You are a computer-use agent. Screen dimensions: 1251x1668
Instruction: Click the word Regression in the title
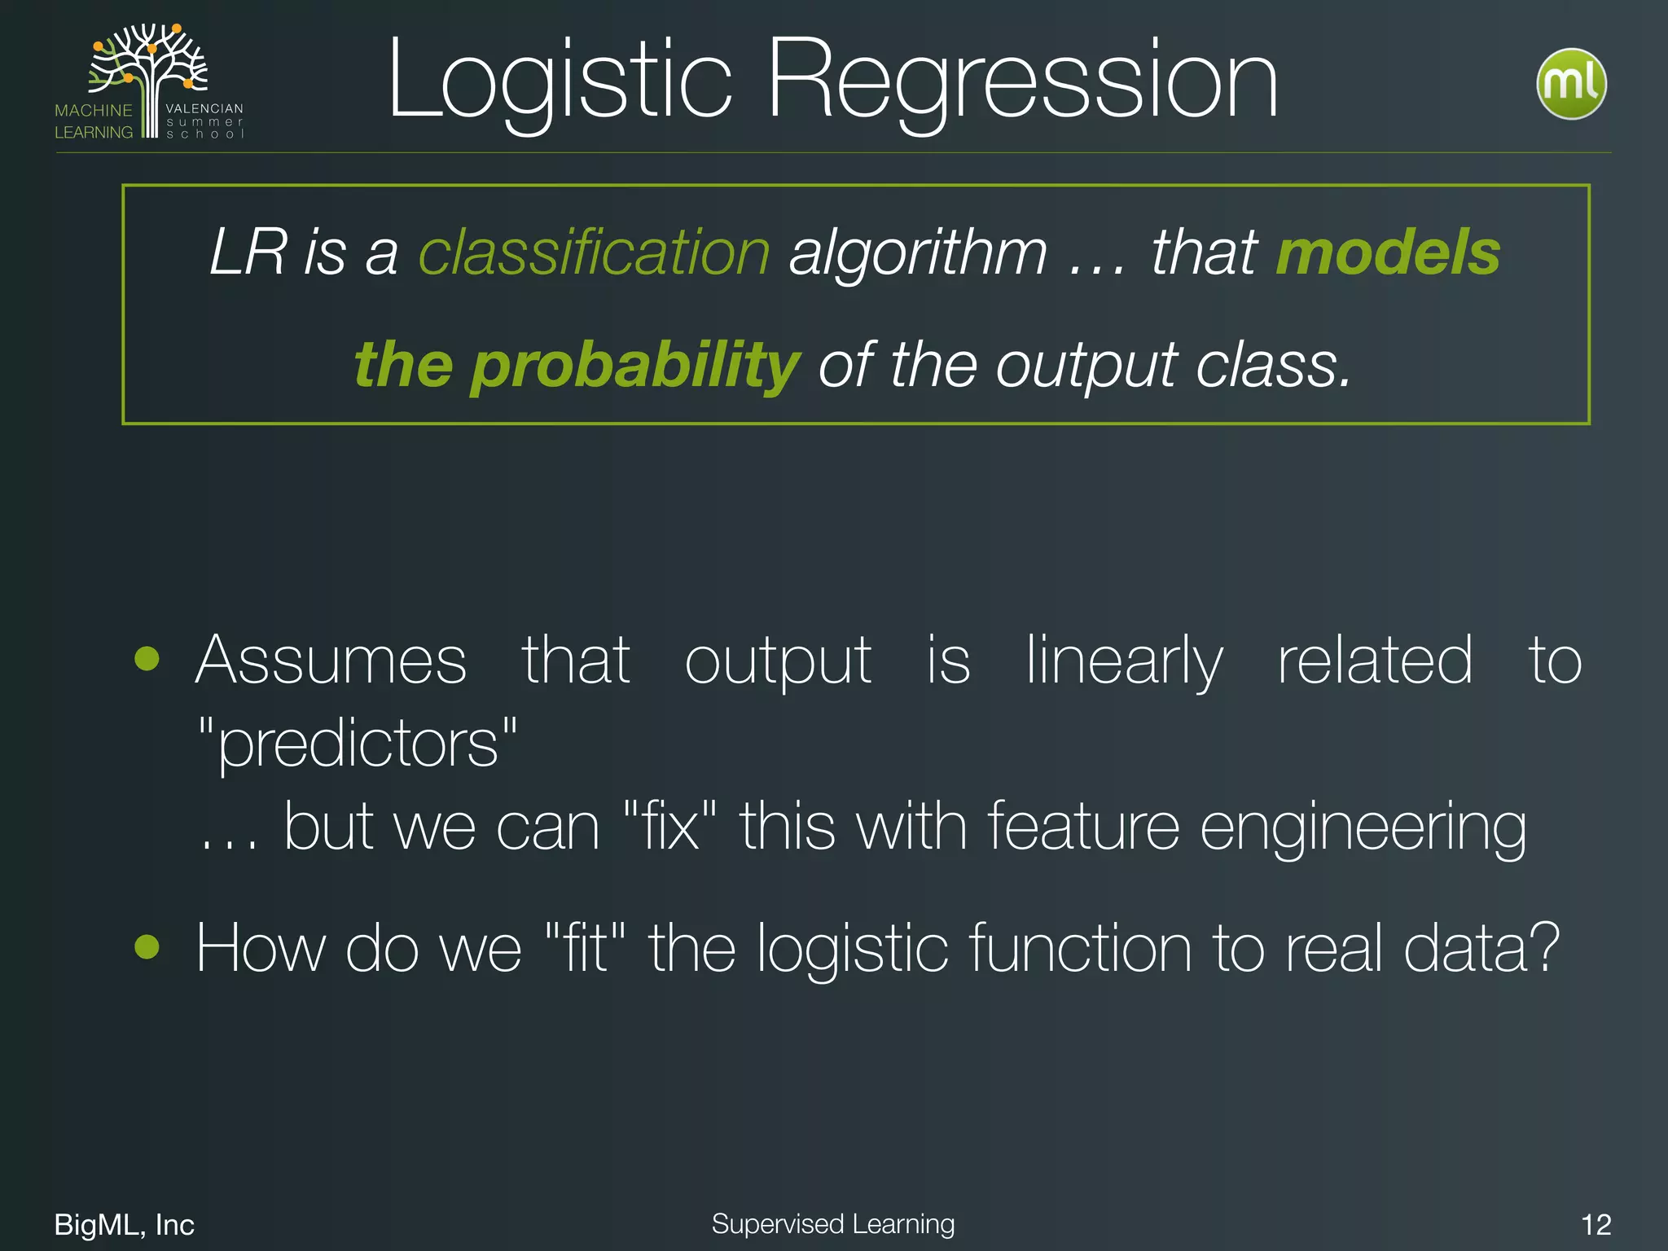[x=1022, y=81]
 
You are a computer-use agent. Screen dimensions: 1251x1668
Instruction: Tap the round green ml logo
[x=1570, y=84]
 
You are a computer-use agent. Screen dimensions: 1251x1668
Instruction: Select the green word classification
[x=594, y=252]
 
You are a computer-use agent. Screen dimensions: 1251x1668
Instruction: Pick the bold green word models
[x=1387, y=252]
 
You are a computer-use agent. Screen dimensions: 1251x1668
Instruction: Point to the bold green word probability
[x=635, y=364]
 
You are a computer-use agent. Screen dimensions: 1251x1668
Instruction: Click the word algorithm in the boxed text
[x=918, y=252]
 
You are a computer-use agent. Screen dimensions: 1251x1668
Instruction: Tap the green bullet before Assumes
[x=147, y=658]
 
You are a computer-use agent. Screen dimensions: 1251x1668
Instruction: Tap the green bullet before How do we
[x=147, y=946]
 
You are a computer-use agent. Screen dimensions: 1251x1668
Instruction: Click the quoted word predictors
[x=358, y=743]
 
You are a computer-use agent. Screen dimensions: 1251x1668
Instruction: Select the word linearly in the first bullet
[x=1123, y=660]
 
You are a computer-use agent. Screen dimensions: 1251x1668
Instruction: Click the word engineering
[x=1363, y=827]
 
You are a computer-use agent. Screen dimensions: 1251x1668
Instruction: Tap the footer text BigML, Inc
[x=124, y=1224]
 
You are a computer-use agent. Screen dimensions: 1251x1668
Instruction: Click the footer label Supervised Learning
[x=832, y=1223]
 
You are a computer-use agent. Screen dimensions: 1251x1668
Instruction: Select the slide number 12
[x=1596, y=1224]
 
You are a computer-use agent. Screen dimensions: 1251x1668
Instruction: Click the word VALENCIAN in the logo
[x=204, y=108]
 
